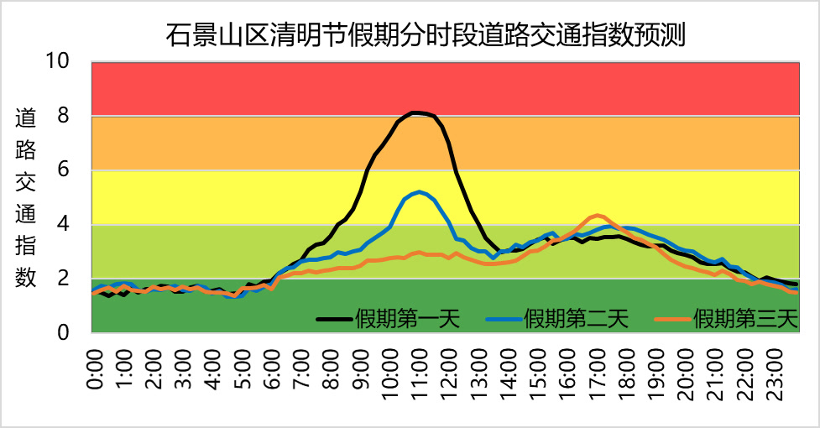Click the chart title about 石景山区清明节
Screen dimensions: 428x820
[426, 35]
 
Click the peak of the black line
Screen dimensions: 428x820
[416, 112]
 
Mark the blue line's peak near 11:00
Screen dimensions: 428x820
[420, 191]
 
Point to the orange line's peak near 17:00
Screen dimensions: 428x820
[597, 215]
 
